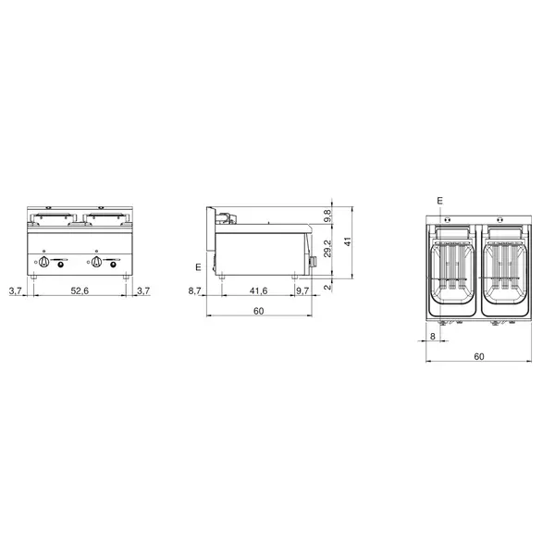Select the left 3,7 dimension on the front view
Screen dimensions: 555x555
pos(15,291)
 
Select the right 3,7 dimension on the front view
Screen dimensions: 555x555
pos(142,291)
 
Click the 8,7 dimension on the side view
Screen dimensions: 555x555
pos(193,291)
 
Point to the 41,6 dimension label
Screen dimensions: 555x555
pos(258,291)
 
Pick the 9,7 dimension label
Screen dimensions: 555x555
pos(303,291)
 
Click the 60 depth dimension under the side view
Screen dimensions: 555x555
pos(259,311)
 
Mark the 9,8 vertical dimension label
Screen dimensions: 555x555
pos(327,215)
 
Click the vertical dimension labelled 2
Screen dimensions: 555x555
pos(327,287)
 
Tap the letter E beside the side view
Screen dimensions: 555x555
pos(197,267)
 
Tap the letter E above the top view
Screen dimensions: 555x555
pos(439,201)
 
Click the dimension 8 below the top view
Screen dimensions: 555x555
pos(432,337)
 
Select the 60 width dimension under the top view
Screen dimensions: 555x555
pos(478,356)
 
